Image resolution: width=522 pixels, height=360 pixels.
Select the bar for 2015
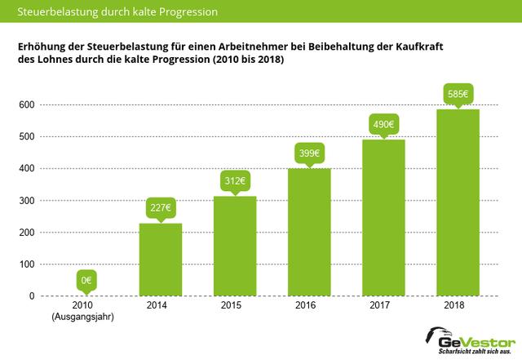(235, 246)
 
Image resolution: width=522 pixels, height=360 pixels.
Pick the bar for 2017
(383, 217)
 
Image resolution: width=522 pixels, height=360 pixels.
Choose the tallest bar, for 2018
(458, 202)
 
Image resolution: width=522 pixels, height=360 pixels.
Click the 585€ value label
(458, 94)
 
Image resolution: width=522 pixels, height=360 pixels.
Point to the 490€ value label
(383, 124)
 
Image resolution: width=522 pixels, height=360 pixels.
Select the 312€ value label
(235, 180)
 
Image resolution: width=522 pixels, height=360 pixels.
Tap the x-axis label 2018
(458, 306)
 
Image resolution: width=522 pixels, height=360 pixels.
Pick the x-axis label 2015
(235, 306)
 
